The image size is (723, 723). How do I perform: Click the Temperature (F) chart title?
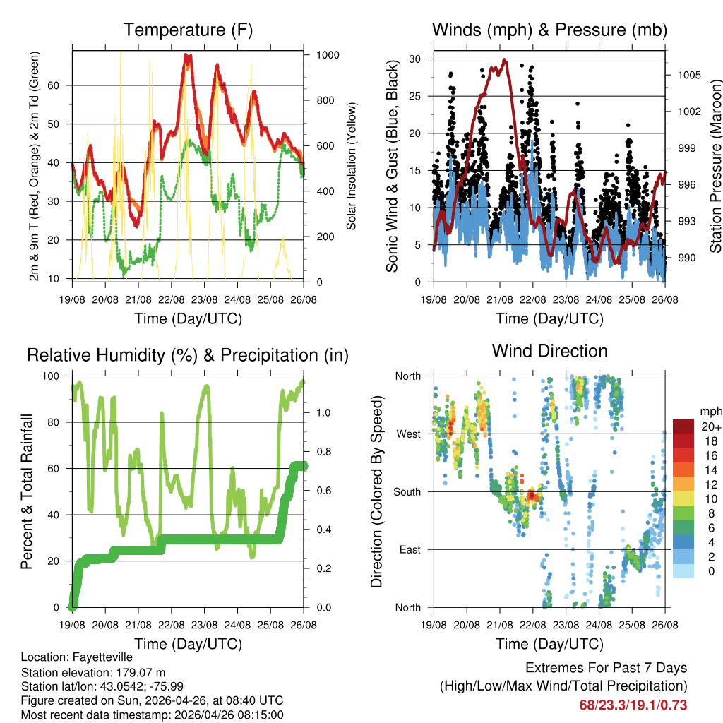pyautogui.click(x=188, y=30)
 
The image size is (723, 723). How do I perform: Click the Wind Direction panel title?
pyautogui.click(x=549, y=351)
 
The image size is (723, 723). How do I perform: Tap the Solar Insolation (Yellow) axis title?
pyautogui.click(x=351, y=167)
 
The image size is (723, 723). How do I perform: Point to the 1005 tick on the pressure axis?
pyautogui.click(x=681, y=75)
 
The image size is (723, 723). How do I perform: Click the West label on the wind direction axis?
pyautogui.click(x=408, y=434)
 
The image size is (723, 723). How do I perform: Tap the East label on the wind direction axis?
pyautogui.click(x=410, y=549)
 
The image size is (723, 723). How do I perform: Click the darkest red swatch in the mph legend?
pyautogui.click(x=683, y=426)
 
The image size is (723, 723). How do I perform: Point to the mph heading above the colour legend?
pyautogui.click(x=710, y=411)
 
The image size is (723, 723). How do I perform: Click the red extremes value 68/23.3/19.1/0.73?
pyautogui.click(x=633, y=705)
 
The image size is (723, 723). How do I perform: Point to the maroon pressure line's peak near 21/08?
pyautogui.click(x=504, y=61)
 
